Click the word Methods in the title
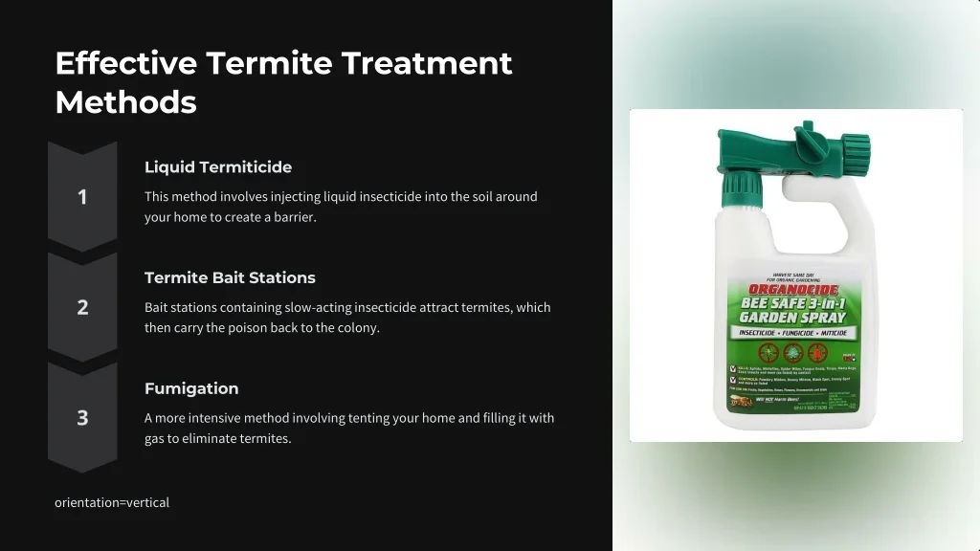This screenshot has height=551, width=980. (x=125, y=101)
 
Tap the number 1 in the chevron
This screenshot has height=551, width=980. (x=82, y=197)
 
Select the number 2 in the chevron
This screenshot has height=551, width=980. (x=82, y=307)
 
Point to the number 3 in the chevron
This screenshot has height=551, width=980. (x=82, y=418)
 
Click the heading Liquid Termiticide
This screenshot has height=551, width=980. (x=218, y=167)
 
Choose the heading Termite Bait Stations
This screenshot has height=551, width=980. (x=230, y=277)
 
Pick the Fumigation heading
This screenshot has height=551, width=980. (x=191, y=388)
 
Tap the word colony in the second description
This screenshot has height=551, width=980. (x=360, y=327)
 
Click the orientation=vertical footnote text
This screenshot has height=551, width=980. (x=112, y=502)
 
